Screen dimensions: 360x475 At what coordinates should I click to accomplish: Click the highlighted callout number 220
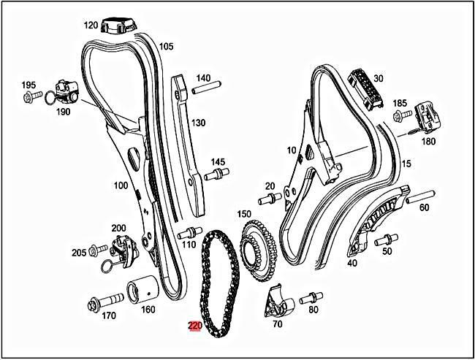(x=195, y=326)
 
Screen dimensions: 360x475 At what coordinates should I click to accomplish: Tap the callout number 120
(x=91, y=25)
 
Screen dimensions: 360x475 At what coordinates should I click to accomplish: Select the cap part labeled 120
(x=119, y=26)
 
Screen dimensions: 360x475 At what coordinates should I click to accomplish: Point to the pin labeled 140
(x=202, y=91)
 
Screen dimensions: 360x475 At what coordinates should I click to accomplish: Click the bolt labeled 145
(x=215, y=175)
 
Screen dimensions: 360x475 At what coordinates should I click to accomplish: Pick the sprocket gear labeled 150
(x=257, y=248)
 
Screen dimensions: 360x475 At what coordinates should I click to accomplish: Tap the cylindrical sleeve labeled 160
(x=142, y=291)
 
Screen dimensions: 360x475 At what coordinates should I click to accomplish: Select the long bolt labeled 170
(x=102, y=302)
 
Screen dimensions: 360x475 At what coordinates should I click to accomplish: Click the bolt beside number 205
(x=96, y=252)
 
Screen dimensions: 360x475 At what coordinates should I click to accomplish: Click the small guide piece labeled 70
(x=275, y=303)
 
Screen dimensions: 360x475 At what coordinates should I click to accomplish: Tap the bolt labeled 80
(x=310, y=296)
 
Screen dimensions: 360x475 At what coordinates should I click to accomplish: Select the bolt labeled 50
(x=385, y=238)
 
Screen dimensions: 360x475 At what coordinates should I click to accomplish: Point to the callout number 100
(x=121, y=185)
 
